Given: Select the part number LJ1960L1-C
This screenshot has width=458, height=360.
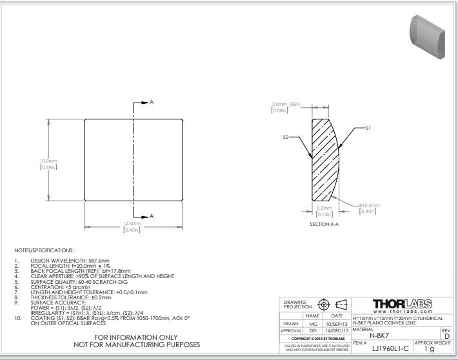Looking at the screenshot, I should [x=386, y=348].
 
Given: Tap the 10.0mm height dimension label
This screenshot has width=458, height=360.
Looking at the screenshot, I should [x=48, y=161].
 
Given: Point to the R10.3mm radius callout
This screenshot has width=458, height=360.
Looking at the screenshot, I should [x=369, y=205].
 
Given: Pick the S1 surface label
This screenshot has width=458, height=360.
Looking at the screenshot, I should [x=368, y=128].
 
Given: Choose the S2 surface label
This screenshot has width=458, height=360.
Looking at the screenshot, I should [x=285, y=137].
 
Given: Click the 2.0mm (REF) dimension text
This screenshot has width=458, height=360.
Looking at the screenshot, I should [x=286, y=104].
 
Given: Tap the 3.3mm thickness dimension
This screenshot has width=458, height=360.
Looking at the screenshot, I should [x=324, y=208].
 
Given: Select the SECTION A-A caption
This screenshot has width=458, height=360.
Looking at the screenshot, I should [x=324, y=223].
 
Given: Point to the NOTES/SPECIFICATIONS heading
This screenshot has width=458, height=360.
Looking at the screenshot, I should [x=44, y=250].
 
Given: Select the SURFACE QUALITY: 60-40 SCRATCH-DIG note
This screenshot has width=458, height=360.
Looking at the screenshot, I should [x=81, y=281].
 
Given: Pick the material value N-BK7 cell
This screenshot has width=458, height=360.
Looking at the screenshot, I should [x=379, y=335].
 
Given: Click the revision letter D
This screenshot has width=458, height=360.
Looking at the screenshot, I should [x=446, y=335].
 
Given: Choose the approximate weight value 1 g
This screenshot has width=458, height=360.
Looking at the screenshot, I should [x=430, y=348].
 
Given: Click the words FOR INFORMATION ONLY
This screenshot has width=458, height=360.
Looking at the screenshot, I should [x=136, y=337].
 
